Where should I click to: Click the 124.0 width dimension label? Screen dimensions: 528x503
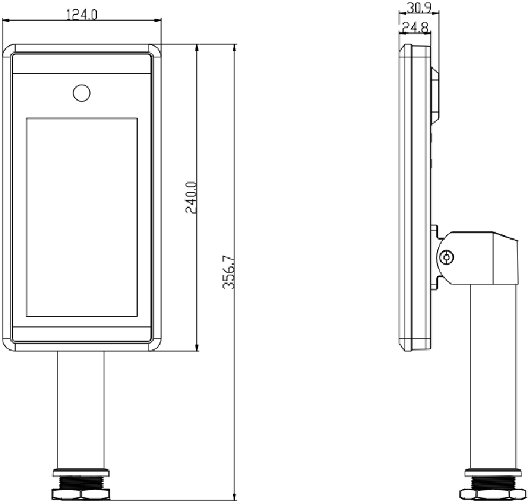point(82,15)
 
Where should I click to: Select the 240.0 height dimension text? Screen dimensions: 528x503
point(191,197)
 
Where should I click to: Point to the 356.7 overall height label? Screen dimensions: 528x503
point(228,272)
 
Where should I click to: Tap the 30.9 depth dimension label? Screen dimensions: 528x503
point(419,7)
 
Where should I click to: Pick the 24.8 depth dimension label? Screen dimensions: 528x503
point(415,27)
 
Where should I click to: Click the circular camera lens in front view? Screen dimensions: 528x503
point(81,93)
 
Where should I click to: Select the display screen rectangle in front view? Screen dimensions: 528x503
point(82,217)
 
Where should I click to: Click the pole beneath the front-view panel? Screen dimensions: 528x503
point(81,409)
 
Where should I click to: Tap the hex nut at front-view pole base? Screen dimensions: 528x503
point(81,494)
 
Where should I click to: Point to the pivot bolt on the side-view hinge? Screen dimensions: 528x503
point(447,257)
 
